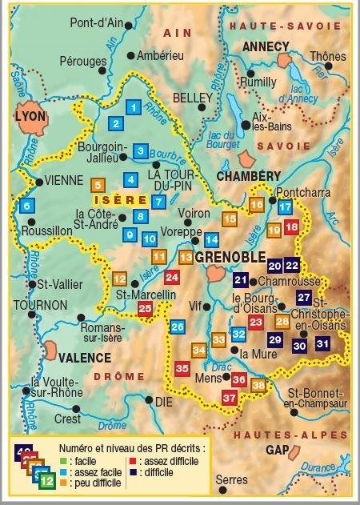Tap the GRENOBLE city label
point(230,256)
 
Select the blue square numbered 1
point(134,106)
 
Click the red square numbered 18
point(291,227)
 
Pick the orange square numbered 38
point(258,386)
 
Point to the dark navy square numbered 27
point(303,298)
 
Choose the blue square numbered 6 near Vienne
point(26,206)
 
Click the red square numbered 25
point(145,308)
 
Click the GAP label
point(277,450)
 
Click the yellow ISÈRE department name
point(119,200)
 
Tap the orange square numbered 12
point(119,279)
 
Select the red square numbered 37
point(230,398)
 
